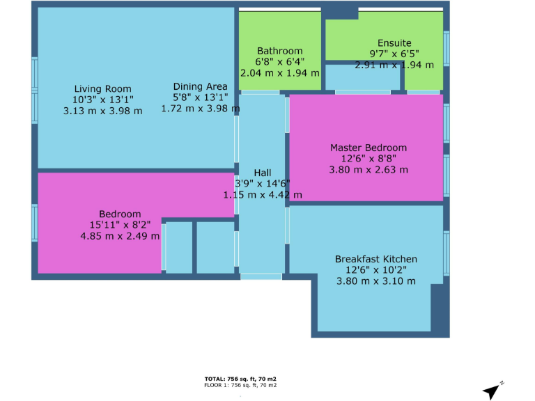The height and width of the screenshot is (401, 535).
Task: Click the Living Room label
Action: coord(102,88)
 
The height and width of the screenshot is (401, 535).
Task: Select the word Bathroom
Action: coord(279,51)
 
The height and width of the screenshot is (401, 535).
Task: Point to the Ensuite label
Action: coord(394,43)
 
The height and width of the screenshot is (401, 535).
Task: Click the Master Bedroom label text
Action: coord(368,148)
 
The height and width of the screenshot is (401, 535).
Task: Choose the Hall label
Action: coord(263,173)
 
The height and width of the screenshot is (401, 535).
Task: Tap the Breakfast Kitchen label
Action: coord(376,259)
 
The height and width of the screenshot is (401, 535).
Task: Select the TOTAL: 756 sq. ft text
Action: coord(240,379)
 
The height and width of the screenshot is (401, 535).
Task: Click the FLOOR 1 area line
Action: coord(240,385)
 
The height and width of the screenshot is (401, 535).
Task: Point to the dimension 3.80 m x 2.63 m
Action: coord(369,169)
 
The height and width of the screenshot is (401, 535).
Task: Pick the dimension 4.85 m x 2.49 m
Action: coord(120,236)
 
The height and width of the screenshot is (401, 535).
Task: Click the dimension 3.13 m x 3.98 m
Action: coord(102,111)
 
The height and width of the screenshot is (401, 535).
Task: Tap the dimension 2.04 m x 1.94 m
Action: coord(279,72)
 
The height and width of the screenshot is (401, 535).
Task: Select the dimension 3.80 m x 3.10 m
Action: coord(376,281)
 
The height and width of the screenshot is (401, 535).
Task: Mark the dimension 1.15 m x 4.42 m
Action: coord(263,195)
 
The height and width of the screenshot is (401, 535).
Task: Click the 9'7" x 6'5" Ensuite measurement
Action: coord(394,54)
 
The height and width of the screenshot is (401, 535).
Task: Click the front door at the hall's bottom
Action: coord(261,276)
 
